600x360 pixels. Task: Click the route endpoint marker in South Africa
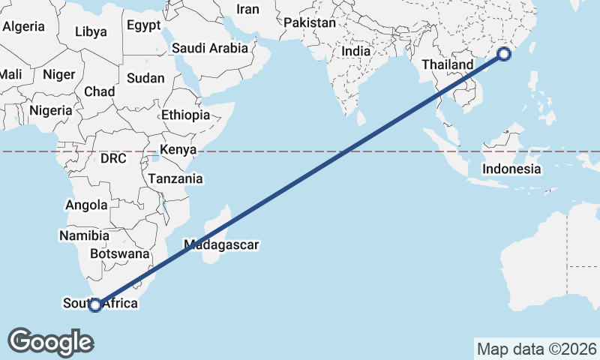click(x=95, y=304)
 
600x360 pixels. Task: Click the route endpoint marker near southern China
click(x=504, y=53)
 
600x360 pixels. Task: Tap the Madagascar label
click(x=221, y=244)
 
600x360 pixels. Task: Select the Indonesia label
click(x=511, y=169)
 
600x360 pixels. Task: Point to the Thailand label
click(x=448, y=64)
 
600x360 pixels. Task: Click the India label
click(x=357, y=52)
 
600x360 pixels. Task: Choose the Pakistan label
click(x=310, y=23)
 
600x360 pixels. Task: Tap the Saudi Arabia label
click(x=210, y=49)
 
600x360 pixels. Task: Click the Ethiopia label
click(x=185, y=115)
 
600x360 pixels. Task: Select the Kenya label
click(x=178, y=150)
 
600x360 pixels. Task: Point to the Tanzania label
click(x=175, y=178)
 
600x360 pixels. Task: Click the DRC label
click(x=113, y=159)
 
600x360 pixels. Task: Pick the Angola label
click(x=87, y=205)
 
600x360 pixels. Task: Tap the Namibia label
click(x=84, y=235)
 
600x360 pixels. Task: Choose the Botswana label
click(x=120, y=253)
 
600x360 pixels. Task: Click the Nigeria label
click(x=51, y=110)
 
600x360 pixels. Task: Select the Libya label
click(x=91, y=32)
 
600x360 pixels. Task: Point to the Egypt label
click(x=143, y=25)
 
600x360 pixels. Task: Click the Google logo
click(x=50, y=341)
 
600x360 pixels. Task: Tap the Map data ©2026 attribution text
click(x=536, y=349)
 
